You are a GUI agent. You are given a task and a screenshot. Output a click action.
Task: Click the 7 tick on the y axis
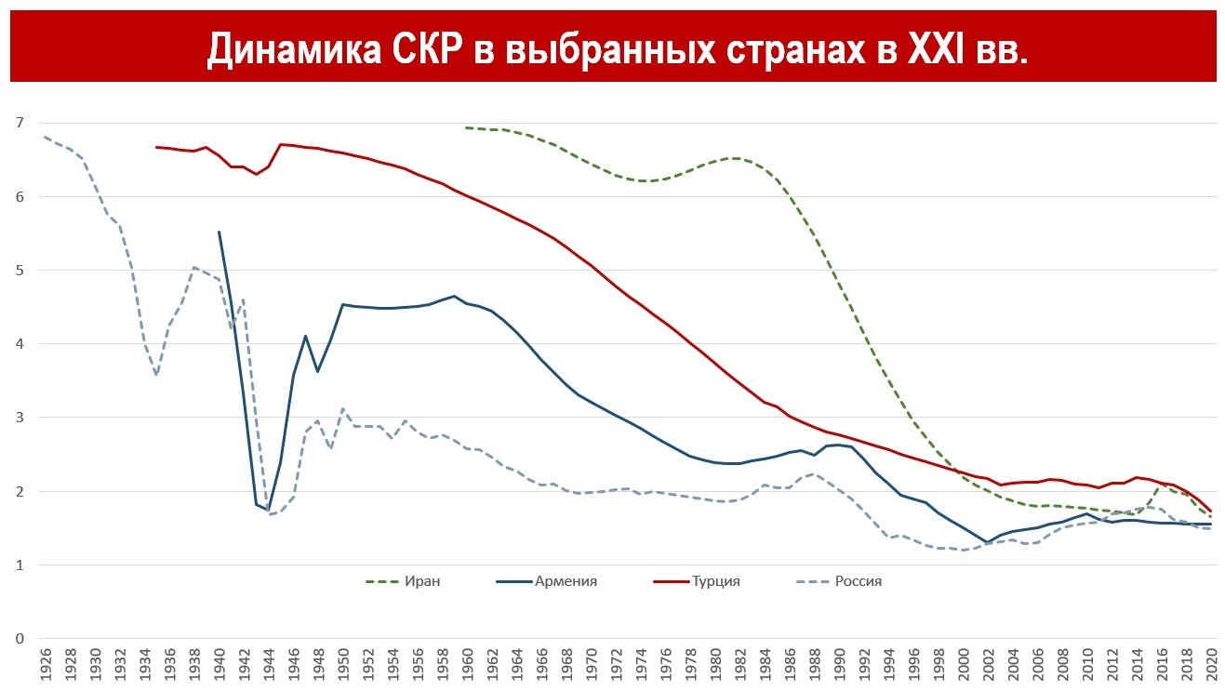coord(18,123)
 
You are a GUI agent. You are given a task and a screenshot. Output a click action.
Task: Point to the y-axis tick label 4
coord(18,344)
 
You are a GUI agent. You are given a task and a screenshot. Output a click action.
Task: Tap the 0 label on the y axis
coord(18,639)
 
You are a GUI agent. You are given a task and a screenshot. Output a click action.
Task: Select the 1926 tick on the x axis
coord(45,669)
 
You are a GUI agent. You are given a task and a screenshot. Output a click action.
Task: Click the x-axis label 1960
coord(466,669)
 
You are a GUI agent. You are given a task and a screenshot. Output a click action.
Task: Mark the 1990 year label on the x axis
coord(838,669)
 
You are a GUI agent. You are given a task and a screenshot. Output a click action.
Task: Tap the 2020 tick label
coord(1210,669)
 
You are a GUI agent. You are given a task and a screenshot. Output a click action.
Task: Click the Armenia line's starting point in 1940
coord(219,232)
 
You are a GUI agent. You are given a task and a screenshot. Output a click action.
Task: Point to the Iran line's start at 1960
coord(466,128)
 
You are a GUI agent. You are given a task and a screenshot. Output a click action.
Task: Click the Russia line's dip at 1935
coord(156,375)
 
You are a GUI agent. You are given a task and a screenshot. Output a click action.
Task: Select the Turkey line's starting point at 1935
coord(156,147)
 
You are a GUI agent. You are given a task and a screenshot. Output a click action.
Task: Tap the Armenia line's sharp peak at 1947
coord(305,336)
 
